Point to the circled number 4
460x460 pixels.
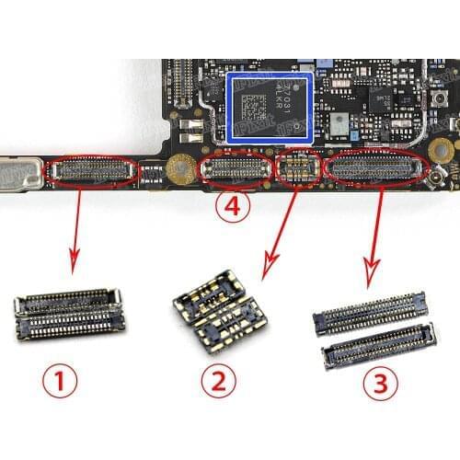point(232,208)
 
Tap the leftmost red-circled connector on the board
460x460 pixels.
point(95,170)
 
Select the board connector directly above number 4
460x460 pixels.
point(238,168)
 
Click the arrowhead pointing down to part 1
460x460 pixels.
point(73,264)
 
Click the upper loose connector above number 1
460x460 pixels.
point(68,299)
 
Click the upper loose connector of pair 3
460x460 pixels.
point(369,312)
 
